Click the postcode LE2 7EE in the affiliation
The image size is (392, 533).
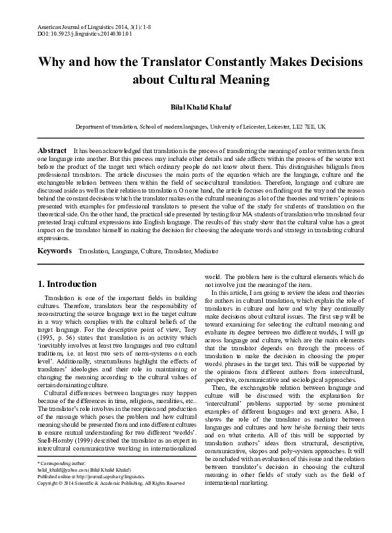302,126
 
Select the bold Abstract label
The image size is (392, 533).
53,151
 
